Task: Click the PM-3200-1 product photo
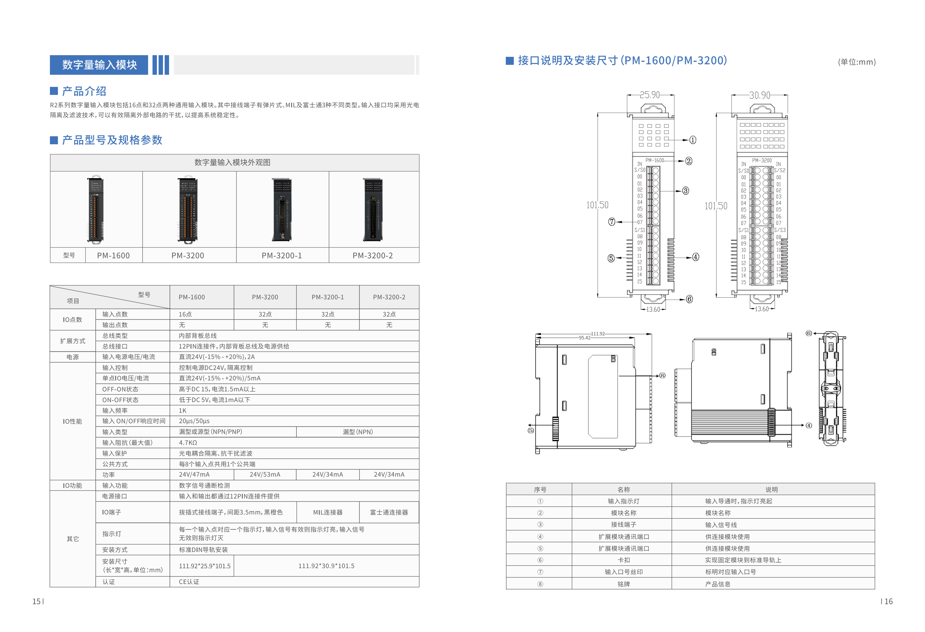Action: [x=282, y=209]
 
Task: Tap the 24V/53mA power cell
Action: [x=265, y=474]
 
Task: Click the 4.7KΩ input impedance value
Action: [x=188, y=442]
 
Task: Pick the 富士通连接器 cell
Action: [x=389, y=512]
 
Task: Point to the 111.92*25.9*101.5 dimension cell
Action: [x=205, y=566]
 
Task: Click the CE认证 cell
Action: [x=189, y=582]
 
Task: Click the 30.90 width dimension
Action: [x=760, y=95]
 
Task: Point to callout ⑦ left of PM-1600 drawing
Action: [x=612, y=222]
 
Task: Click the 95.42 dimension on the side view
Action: [x=585, y=338]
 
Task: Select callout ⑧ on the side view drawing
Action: [x=662, y=375]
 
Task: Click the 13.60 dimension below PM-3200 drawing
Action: [x=762, y=309]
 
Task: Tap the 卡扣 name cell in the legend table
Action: [x=623, y=560]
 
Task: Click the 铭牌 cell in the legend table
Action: [x=623, y=584]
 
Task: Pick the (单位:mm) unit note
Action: [x=857, y=62]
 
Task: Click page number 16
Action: [x=888, y=601]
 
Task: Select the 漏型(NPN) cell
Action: [x=357, y=432]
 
